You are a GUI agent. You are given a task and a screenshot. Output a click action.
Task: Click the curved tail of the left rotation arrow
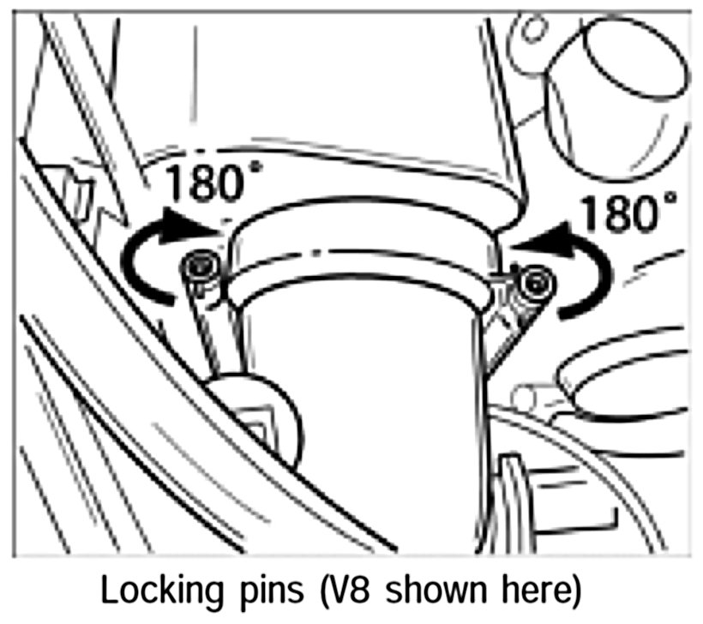click(x=137, y=266)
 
